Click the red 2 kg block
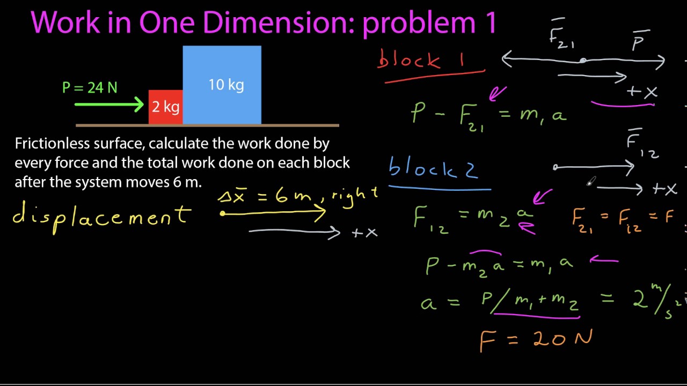[165, 107]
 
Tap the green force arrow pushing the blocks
[110, 105]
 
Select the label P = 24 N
[90, 87]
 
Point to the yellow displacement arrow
[274, 213]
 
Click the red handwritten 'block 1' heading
[421, 60]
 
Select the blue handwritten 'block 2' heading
[433, 168]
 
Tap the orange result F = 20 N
[536, 339]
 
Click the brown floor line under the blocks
[207, 125]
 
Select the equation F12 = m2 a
[472, 217]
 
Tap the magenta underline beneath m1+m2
[537, 315]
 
